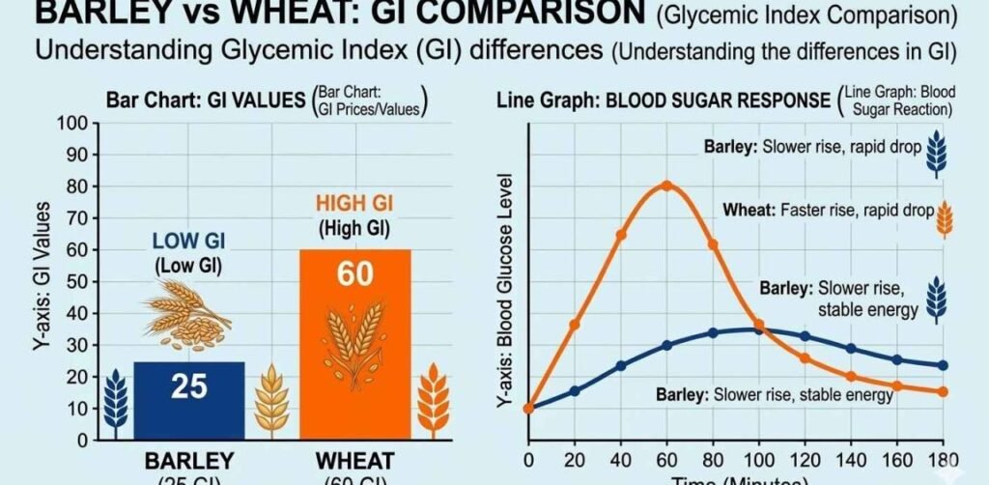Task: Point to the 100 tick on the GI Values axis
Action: (74, 123)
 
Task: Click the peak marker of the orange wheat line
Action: (667, 185)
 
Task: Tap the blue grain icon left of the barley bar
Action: (114, 398)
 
